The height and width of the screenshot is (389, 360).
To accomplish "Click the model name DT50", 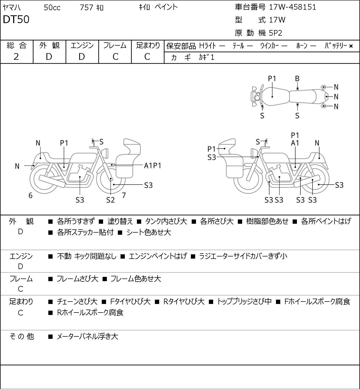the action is coord(16,19).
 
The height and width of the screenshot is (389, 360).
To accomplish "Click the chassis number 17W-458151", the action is coord(292,7).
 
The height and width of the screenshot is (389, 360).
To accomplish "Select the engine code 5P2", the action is coord(275,33).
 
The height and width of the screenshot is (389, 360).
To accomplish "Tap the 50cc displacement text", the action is coord(52,8).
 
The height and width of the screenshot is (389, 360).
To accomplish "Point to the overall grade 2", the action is coord(16,57).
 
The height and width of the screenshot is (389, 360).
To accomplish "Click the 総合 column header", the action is coord(16,45).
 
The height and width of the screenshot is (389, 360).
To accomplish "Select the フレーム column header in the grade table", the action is coord(115,45).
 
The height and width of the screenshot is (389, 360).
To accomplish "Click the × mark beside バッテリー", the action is coord(351,46).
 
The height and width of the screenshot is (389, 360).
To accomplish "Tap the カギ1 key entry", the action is coord(206,57).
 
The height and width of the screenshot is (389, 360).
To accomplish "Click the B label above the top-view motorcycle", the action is coord(297,79).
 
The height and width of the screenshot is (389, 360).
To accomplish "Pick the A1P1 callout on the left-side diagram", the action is coord(152,166).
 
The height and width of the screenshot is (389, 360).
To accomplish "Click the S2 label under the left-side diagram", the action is coord(110,200).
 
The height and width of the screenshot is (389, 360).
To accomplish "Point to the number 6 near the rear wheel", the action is coord(30,195).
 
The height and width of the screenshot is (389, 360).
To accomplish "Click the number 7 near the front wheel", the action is coord(124,195).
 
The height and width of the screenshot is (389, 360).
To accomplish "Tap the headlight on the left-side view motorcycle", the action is coord(105,153).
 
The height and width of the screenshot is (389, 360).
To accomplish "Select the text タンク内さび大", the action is coord(166,221).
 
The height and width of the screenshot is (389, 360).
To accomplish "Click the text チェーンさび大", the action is coord(77,302).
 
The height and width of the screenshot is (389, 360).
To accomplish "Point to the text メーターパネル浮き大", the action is coord(88,336).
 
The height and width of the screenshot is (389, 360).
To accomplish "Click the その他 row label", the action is coord(22,336).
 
